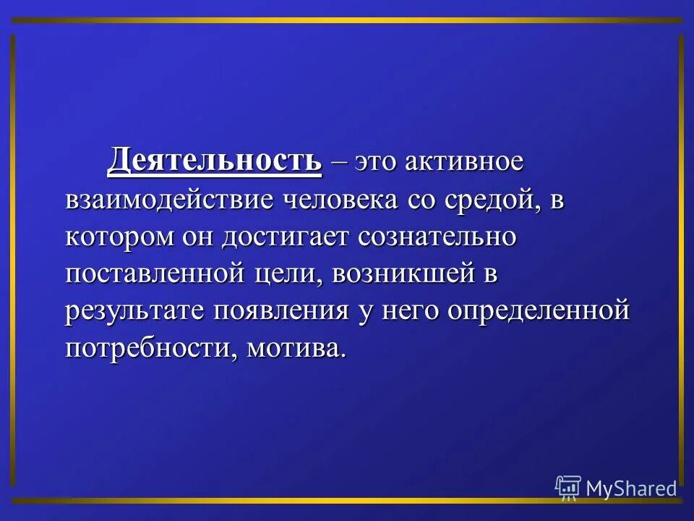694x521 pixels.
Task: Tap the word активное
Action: [463, 161]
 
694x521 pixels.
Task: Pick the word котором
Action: [116, 237]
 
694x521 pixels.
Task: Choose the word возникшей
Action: [391, 275]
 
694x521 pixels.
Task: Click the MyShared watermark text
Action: [631, 488]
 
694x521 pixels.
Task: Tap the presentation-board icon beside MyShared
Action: [568, 488]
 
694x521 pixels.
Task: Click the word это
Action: [375, 161]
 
